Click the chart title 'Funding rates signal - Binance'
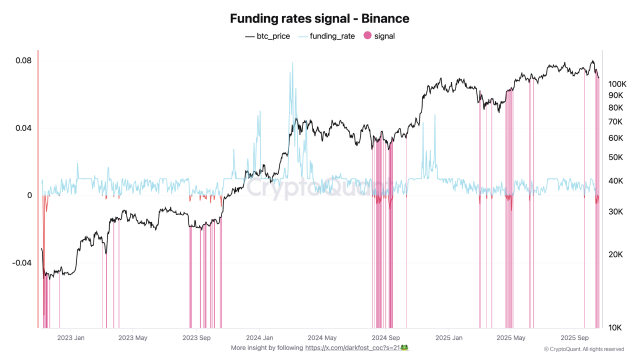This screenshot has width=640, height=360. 319,18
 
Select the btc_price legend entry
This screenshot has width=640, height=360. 267,36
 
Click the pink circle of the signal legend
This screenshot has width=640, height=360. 367,35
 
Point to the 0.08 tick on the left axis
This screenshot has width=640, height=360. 23,60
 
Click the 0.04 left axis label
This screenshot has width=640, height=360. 23,128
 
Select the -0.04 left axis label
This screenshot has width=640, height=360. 21,263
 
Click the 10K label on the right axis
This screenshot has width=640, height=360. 614,328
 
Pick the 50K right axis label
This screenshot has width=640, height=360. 615,157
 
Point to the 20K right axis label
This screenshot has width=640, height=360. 615,254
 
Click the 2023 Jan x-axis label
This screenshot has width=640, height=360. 70,338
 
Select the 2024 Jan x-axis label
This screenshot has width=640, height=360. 259,338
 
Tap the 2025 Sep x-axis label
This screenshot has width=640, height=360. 574,338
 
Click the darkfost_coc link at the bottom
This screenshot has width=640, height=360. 357,347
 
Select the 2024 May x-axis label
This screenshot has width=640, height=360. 322,338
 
